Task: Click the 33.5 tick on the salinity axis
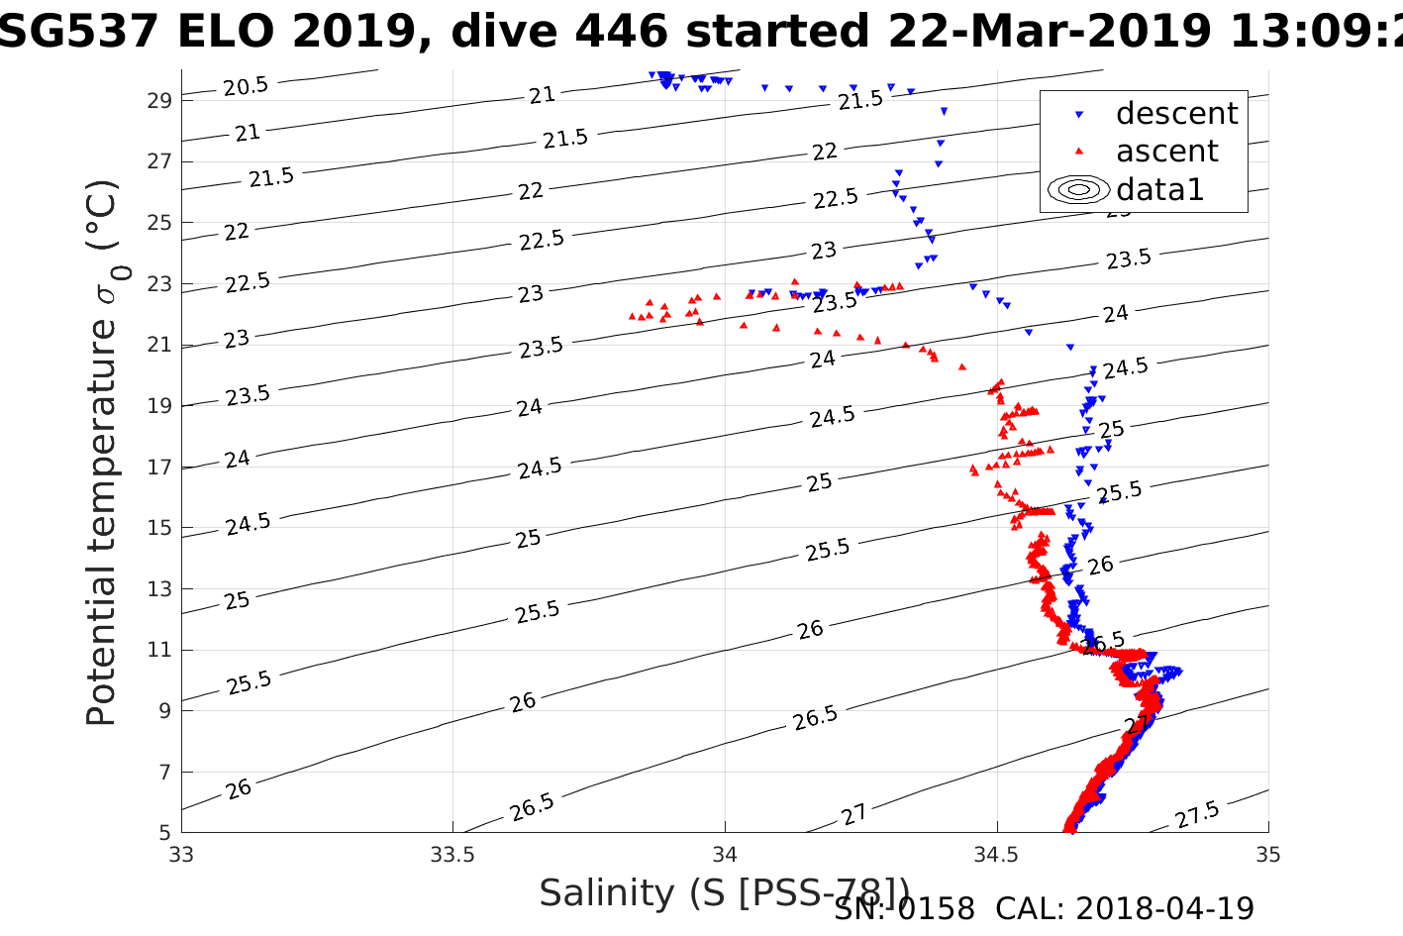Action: (452, 855)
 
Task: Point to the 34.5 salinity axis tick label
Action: (996, 855)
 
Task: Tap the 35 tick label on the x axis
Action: (1267, 855)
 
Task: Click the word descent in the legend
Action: (1176, 114)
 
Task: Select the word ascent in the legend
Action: (1166, 152)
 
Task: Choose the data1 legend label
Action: (1159, 189)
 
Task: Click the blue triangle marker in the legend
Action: (1079, 115)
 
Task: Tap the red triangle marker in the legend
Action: (1079, 151)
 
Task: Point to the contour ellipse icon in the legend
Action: (1079, 189)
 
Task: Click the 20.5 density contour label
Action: (245, 87)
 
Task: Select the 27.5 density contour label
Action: (1197, 816)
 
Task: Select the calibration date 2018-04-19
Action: (1164, 908)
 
